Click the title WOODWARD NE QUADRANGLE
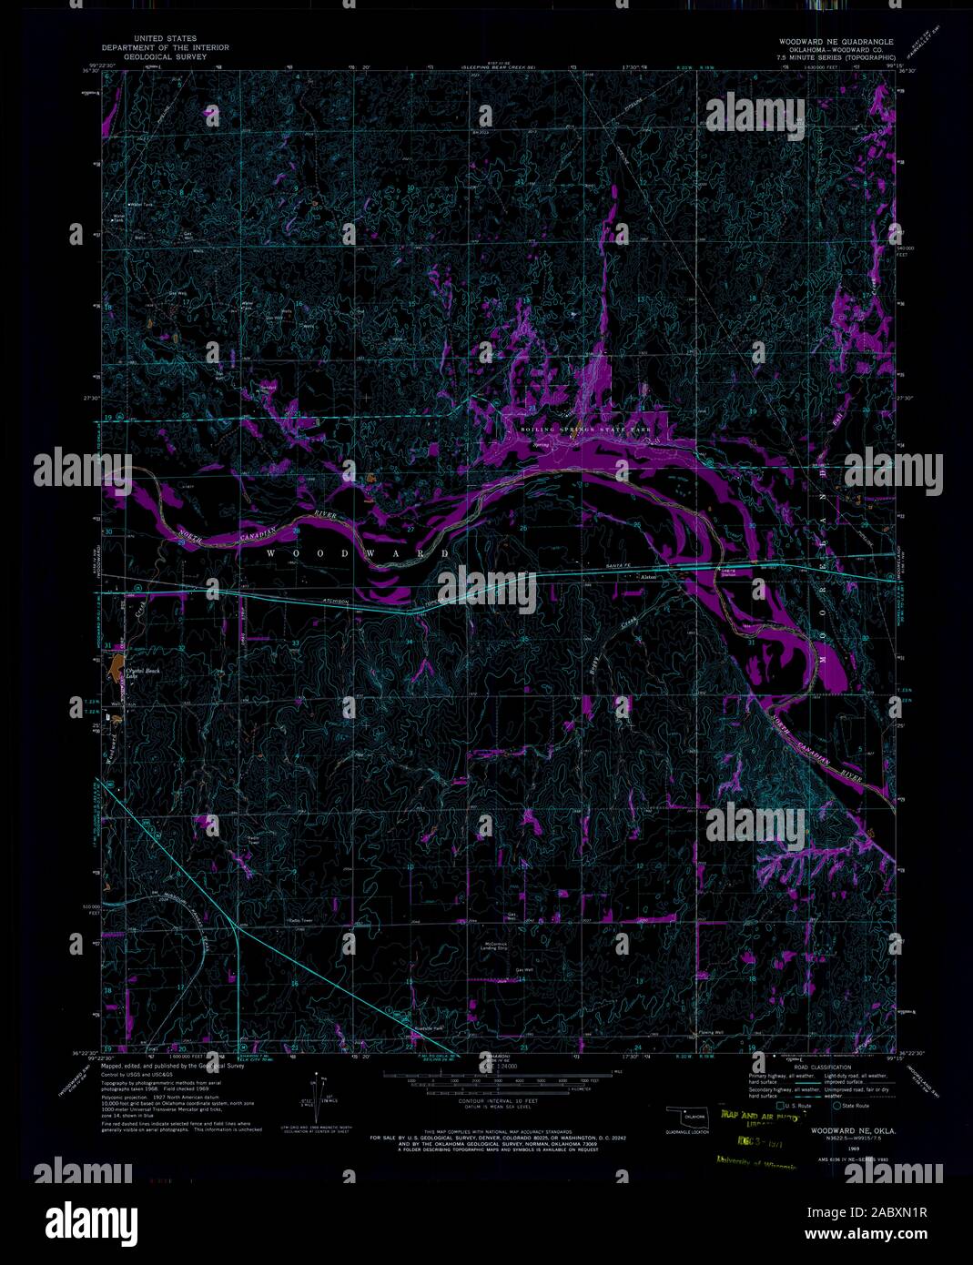(x=836, y=42)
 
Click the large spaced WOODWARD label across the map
(x=358, y=553)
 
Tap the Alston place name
(x=649, y=578)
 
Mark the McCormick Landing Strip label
(x=492, y=947)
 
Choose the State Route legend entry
(x=854, y=1105)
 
